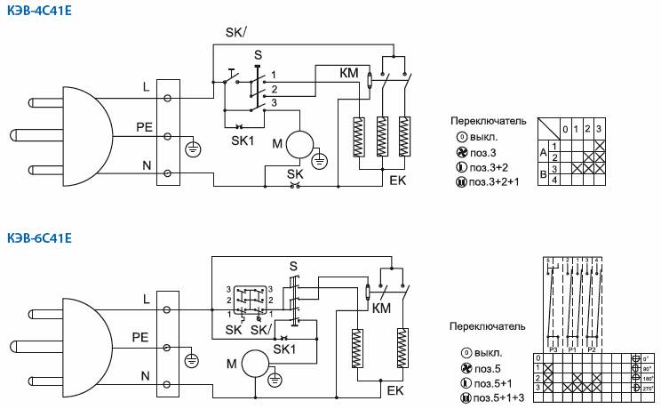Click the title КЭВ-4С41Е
tap(38, 10)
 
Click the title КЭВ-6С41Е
tap(38, 237)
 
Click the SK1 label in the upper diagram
tap(243, 140)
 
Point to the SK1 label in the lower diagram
tap(284, 349)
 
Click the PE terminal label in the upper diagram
tap(144, 126)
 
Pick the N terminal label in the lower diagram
tap(144, 376)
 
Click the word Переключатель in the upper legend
tap(490, 122)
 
